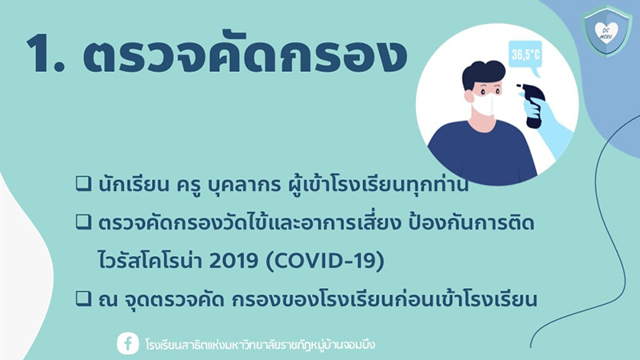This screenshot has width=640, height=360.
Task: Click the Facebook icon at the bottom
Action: (128, 343)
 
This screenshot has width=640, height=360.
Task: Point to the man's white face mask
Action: (485, 105)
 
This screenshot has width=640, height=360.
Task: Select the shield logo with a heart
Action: (606, 31)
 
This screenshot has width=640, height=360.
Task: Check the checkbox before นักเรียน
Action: (83, 184)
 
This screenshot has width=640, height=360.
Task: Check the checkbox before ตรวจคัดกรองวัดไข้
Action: (83, 222)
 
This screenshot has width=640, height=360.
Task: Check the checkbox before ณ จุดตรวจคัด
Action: (83, 298)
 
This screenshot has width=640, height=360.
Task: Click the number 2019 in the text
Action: (234, 261)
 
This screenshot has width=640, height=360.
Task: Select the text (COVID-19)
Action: (325, 261)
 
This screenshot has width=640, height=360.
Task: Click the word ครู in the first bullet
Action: (188, 186)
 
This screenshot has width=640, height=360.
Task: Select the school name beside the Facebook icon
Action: (260, 344)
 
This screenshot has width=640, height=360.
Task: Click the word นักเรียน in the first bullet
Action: (134, 184)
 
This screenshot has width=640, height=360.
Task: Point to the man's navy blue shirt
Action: (482, 153)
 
